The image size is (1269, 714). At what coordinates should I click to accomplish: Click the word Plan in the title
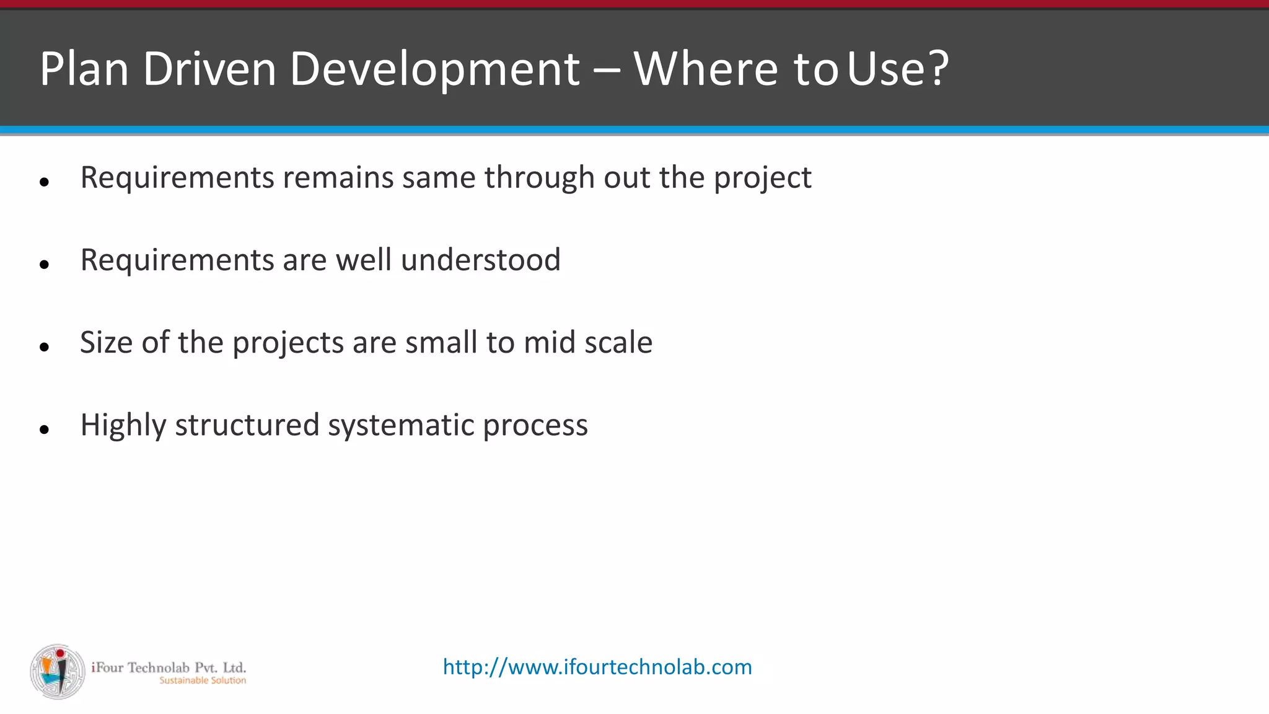(x=84, y=69)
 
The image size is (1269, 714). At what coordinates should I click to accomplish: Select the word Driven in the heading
(x=209, y=69)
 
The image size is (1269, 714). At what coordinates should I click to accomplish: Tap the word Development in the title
(x=434, y=69)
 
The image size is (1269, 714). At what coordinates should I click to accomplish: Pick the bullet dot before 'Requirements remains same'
(x=44, y=182)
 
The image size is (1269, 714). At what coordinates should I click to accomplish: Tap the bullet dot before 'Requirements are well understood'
(x=44, y=265)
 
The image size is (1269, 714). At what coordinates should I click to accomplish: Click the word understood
(x=480, y=260)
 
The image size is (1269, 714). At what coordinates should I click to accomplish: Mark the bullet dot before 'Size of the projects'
(x=44, y=347)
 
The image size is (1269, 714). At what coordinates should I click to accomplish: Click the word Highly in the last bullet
(x=123, y=426)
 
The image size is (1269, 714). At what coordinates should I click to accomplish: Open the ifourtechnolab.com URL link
(x=597, y=667)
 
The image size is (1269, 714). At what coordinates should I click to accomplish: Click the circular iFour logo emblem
(x=58, y=671)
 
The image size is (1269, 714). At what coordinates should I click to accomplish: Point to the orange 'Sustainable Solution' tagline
(x=203, y=681)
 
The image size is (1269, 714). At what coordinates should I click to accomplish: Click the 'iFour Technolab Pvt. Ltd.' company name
(x=169, y=668)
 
